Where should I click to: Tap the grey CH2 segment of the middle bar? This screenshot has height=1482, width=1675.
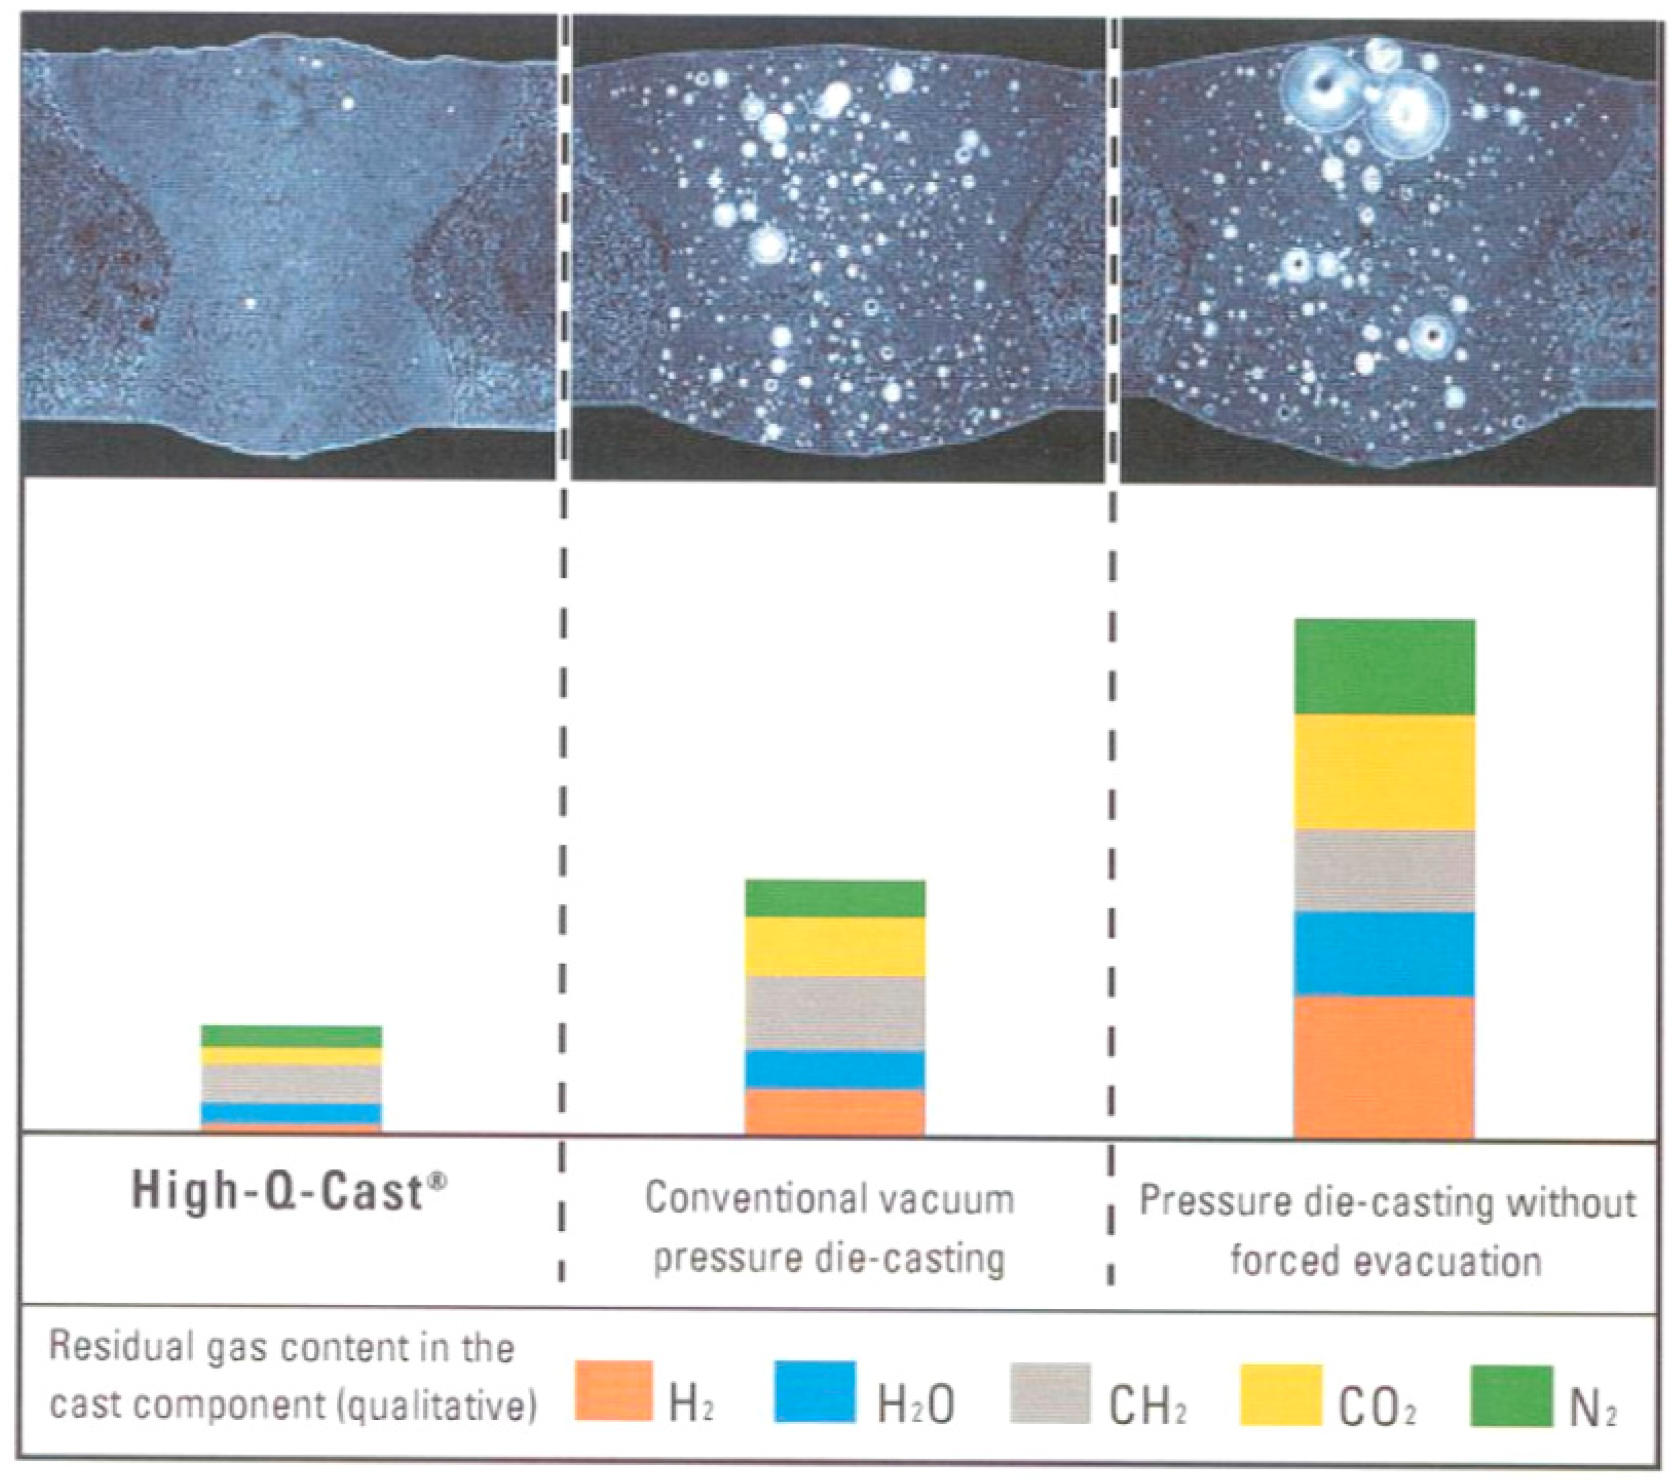pyautogui.click(x=834, y=1012)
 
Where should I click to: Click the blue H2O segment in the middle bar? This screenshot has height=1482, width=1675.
pyautogui.click(x=834, y=1070)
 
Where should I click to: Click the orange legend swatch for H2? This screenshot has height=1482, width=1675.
pyautogui.click(x=614, y=1391)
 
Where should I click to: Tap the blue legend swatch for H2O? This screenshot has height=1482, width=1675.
pyautogui.click(x=815, y=1391)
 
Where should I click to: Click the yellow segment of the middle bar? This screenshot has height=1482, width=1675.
pyautogui.click(x=834, y=946)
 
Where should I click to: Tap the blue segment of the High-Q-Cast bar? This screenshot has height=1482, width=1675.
pyautogui.click(x=291, y=1113)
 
